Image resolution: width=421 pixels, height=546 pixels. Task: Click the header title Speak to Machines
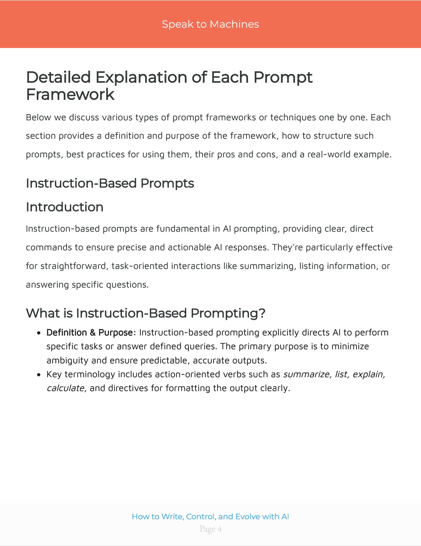(x=210, y=24)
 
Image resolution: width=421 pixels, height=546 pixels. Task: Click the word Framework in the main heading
(x=70, y=94)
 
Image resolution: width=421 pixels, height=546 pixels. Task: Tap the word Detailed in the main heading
(x=58, y=77)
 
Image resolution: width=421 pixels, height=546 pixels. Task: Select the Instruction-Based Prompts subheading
(x=110, y=183)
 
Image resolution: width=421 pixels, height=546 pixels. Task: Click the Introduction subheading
(x=65, y=207)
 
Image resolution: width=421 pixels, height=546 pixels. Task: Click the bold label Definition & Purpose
(x=89, y=332)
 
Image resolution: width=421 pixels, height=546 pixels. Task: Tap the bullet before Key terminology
(x=38, y=375)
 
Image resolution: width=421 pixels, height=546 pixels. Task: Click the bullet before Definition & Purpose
(x=38, y=333)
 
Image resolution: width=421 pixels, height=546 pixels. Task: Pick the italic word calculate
(x=66, y=388)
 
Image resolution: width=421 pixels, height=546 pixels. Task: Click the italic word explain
(x=369, y=374)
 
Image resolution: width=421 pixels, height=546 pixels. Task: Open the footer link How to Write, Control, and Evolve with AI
(x=210, y=517)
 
